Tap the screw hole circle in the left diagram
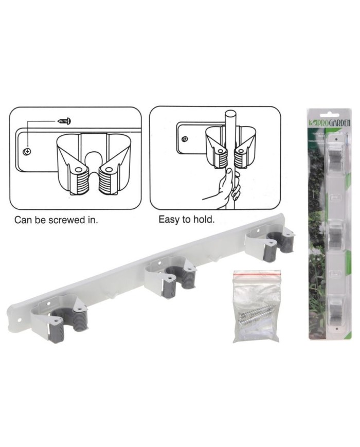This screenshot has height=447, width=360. point(28,151)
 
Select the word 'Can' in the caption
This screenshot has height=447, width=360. point(24,220)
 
